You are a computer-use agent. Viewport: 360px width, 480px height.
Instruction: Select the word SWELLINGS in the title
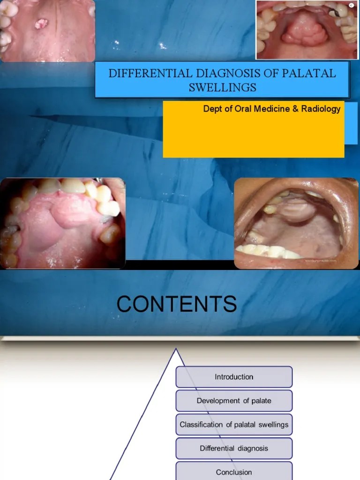[223, 87]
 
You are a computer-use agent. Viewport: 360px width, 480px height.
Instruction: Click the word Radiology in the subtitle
[322, 109]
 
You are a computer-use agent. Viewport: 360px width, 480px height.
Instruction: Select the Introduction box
[234, 377]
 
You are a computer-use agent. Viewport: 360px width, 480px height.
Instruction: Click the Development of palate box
[234, 401]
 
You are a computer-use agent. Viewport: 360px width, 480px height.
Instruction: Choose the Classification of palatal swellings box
[234, 425]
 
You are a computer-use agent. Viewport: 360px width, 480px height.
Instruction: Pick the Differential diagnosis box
[234, 449]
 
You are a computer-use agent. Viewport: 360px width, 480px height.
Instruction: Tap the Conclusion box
[234, 472]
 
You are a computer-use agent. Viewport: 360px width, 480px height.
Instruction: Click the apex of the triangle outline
[176, 349]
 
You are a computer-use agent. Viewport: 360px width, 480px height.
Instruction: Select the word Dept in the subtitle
[211, 109]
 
